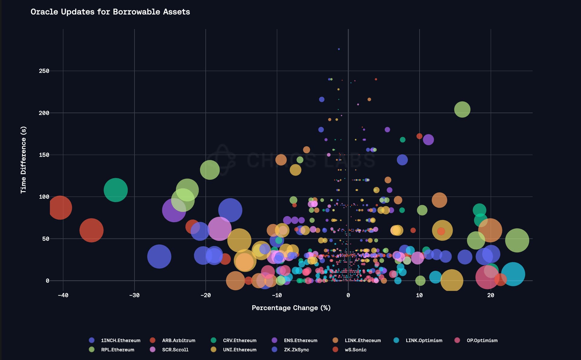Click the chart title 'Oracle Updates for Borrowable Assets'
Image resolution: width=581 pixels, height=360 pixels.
pos(110,12)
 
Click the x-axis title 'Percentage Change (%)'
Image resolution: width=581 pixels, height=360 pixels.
pos(291,308)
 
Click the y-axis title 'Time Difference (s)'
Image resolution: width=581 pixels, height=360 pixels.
pos(23,160)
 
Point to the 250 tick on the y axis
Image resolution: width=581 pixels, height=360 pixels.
pos(44,71)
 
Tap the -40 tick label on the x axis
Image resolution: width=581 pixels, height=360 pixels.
pos(63,295)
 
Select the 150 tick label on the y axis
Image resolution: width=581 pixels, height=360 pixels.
pos(44,155)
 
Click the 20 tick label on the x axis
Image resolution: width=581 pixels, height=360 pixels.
pos(491,295)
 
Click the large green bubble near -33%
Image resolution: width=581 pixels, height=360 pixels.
pos(116,190)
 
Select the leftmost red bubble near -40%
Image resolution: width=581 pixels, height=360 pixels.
pos(60,208)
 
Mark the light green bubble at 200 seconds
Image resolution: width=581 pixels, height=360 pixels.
pos(462,109)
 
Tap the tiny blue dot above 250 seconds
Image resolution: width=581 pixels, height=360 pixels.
pos(339,49)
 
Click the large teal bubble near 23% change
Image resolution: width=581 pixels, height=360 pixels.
pos(513,274)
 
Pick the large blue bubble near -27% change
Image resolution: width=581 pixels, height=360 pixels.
pos(159,256)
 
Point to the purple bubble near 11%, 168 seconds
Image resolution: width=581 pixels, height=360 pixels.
pos(428,140)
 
